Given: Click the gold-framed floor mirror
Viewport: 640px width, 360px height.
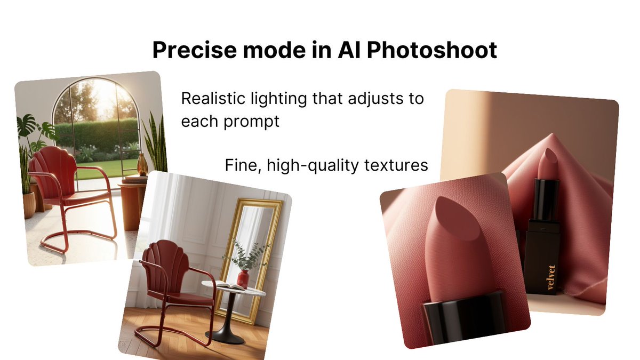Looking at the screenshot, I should [251, 256].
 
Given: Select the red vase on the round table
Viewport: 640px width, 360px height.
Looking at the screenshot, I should [243, 278].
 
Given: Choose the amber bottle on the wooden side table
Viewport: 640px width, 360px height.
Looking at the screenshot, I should [142, 165].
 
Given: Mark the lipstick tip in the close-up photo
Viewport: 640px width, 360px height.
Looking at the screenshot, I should [448, 213].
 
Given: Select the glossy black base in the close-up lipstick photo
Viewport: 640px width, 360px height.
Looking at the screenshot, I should [464, 320].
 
